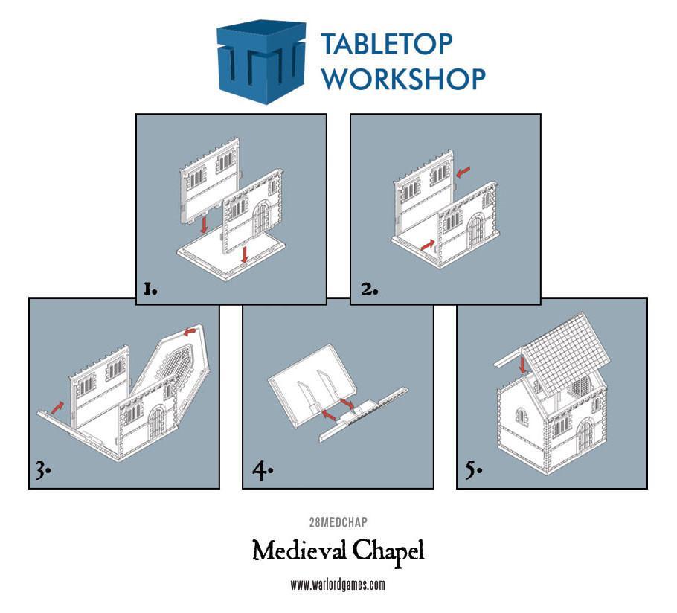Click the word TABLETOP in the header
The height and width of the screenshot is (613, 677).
[386, 45]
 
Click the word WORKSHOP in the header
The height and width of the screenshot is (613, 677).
[403, 78]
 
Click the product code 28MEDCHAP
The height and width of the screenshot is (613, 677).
[338, 521]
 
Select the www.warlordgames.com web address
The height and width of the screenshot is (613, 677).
[338, 585]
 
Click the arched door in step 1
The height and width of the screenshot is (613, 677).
[261, 221]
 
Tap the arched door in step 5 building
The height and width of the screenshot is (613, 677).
[585, 435]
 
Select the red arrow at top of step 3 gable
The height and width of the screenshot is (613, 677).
[192, 330]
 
